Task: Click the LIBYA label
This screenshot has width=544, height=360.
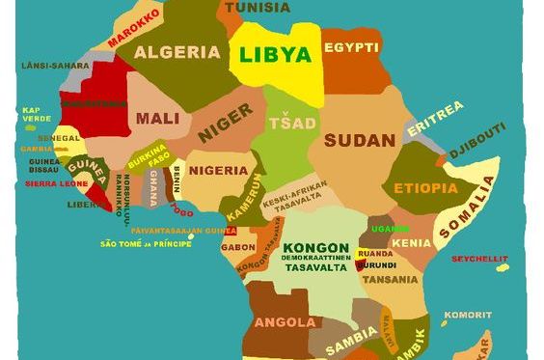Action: [x=276, y=55]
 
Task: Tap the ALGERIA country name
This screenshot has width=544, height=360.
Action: [x=177, y=52]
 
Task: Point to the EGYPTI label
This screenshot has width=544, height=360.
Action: [x=350, y=47]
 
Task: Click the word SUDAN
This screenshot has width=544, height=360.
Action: [x=359, y=140]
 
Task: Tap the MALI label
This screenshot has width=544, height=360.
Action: [x=157, y=119]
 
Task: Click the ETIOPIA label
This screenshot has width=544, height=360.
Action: [x=425, y=187]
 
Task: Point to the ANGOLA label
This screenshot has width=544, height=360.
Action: [x=285, y=320]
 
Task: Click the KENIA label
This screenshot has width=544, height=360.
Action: [x=412, y=242]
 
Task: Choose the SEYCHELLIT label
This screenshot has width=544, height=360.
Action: [x=479, y=257]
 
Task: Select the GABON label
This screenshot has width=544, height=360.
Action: [x=237, y=246]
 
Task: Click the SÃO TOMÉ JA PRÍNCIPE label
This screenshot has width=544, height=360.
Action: [x=146, y=243]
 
